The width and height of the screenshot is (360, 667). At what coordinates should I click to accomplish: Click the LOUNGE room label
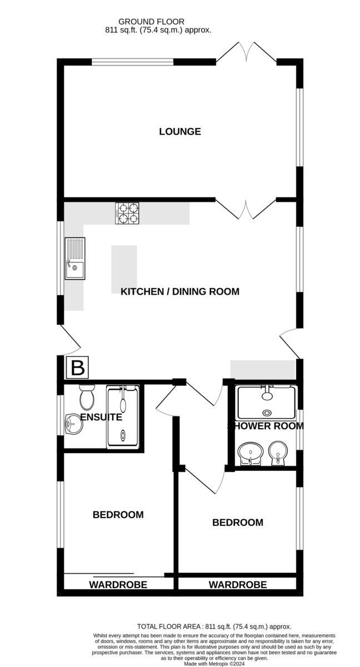pos(179,131)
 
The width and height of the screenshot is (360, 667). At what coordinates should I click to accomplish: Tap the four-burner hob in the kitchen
pos(127,213)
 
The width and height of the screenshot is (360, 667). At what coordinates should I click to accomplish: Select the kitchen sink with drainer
pos(75,258)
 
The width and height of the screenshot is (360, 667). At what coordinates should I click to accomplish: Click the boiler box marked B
pos(77,367)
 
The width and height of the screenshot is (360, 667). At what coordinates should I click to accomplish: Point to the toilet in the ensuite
pos(87,397)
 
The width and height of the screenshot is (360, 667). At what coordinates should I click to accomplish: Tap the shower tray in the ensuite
pos(123,416)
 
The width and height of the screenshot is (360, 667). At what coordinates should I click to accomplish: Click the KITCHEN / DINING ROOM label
pos(179,291)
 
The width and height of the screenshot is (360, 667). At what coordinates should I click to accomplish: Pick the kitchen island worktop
pos(124,269)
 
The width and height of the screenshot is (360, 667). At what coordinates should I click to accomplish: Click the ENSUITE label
pos(101,417)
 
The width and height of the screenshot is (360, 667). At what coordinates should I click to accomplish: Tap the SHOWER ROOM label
pos(266,426)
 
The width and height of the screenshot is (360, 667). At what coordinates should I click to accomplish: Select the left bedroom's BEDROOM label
pos(118,515)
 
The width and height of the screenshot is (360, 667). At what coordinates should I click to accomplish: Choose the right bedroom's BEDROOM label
pos(238,522)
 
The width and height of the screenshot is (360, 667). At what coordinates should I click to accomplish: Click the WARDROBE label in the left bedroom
pos(118,585)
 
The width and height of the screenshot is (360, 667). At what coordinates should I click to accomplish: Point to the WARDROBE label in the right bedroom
pos(238,585)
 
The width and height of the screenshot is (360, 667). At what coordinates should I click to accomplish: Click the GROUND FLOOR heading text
pos(151,22)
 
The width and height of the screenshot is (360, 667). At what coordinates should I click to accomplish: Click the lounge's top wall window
pos(132,62)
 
